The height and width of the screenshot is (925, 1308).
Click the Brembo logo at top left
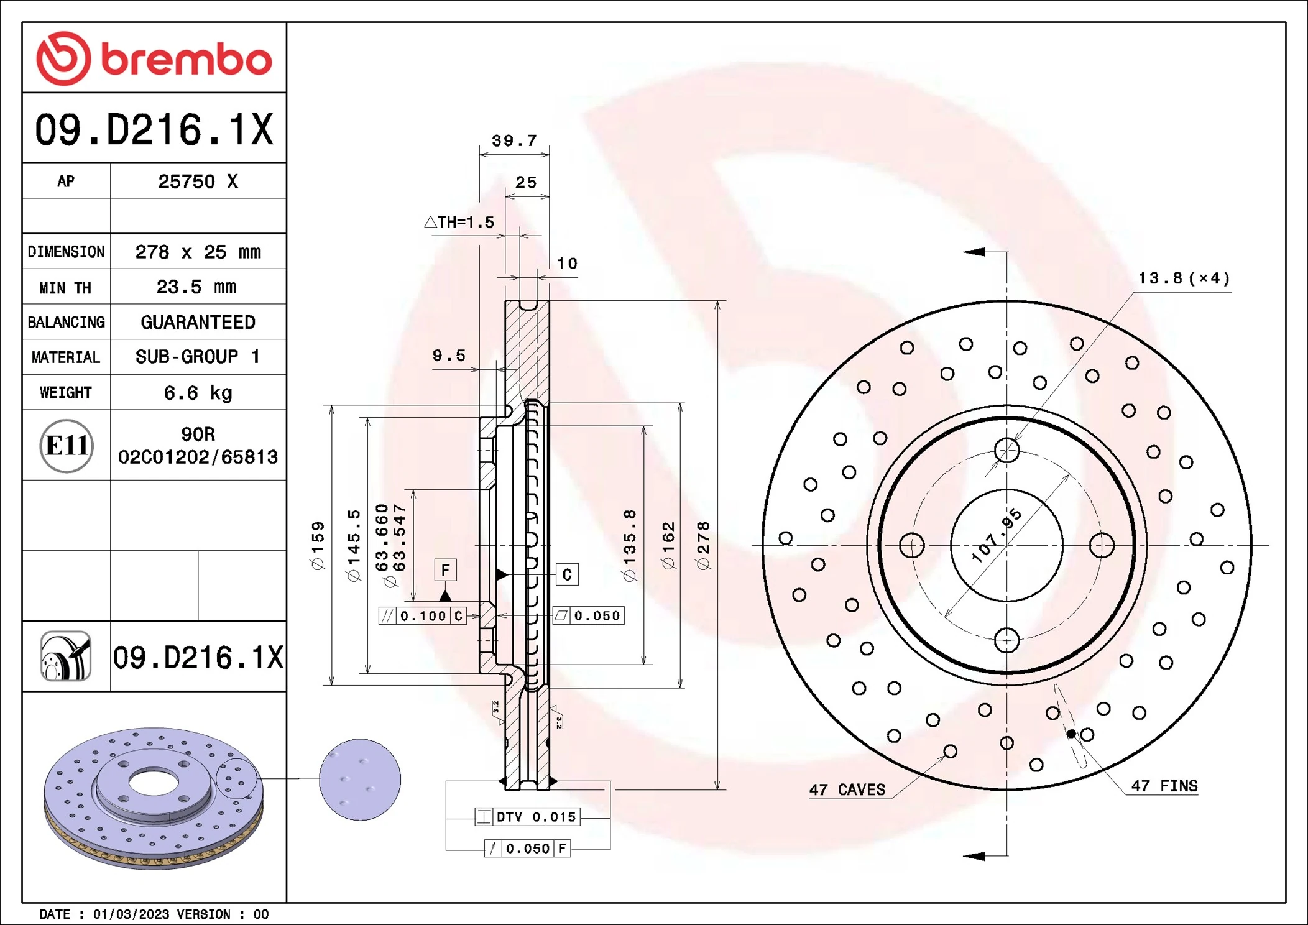[x=154, y=58]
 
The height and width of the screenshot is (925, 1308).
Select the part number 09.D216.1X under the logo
[x=154, y=130]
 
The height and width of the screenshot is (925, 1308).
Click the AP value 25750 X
[x=198, y=182]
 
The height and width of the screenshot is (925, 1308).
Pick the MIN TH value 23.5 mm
[x=196, y=287]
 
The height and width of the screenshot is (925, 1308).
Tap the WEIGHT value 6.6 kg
[x=198, y=393]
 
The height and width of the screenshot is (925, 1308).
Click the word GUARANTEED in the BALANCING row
[x=198, y=322]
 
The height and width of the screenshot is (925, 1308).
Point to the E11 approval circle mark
[x=67, y=446]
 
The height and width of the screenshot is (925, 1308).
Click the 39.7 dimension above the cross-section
[x=514, y=141]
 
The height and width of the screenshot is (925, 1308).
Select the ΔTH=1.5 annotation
[x=459, y=223]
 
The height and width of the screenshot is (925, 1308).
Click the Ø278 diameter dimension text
[x=703, y=546]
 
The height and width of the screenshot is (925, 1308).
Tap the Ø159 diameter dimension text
[x=318, y=546]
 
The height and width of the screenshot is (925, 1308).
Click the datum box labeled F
[x=445, y=570]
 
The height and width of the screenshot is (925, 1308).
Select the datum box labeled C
[x=566, y=574]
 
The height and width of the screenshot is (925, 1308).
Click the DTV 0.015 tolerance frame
[x=527, y=817]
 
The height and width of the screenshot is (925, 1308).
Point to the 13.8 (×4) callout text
[x=1183, y=278]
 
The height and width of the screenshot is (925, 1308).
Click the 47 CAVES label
[x=847, y=790]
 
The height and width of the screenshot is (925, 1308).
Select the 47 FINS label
[x=1164, y=786]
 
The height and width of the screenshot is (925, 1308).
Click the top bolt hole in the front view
[x=1006, y=451]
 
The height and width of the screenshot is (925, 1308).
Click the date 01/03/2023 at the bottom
[x=131, y=914]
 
